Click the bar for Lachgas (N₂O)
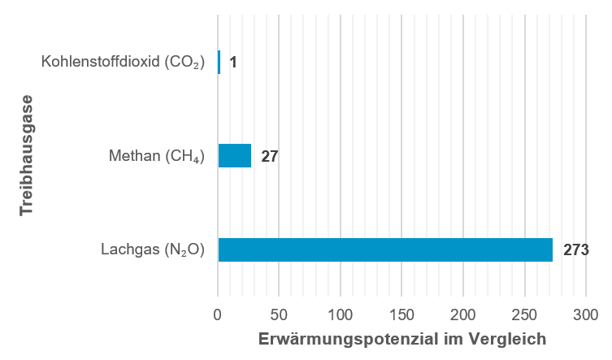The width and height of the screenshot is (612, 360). pos(385,249)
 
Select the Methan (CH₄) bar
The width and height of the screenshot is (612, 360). pos(235,155)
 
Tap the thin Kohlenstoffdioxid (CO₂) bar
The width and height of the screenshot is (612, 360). pos(219,62)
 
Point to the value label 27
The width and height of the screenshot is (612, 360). pos(270,155)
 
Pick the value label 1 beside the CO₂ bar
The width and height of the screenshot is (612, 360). pos(233,62)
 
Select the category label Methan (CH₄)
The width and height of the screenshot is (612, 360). pos(157,155)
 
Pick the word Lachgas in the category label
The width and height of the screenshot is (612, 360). pos(127,249)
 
